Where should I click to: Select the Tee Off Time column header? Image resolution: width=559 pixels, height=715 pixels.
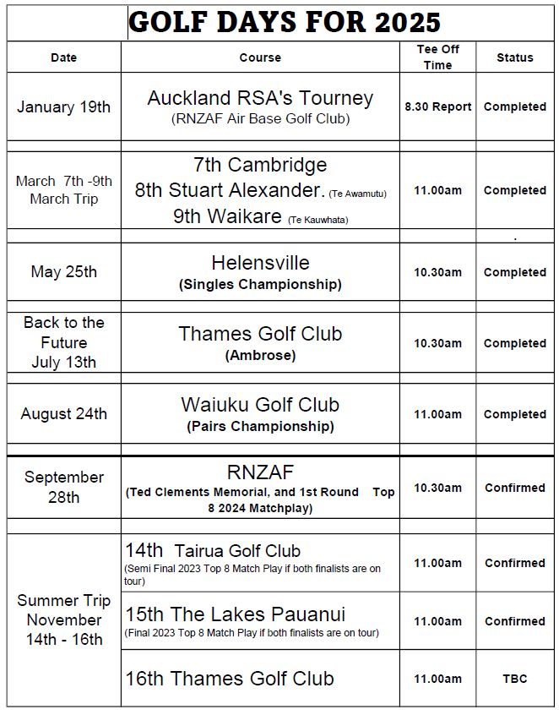coord(437,57)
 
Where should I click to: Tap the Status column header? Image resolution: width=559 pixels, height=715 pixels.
coord(514,57)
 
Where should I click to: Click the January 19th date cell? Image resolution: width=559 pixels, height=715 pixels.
coord(63,107)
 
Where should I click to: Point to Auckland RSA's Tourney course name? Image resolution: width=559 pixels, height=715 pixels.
coord(260,98)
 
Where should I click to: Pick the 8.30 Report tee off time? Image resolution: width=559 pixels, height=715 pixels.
coord(437,107)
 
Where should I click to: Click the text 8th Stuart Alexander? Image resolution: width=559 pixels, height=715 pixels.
coord(230,190)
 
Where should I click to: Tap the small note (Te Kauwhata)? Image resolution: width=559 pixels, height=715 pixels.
coord(317,220)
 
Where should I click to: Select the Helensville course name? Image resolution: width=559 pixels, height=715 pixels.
coord(260,263)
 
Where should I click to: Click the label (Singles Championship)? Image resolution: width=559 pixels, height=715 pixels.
coord(260,285)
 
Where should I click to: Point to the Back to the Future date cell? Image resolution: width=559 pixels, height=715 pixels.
coord(63,342)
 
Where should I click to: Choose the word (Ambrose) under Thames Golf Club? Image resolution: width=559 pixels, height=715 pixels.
coord(260,356)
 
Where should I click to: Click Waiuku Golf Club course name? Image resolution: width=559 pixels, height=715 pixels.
coord(260,405)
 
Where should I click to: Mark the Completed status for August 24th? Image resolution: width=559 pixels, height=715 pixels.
coord(514,414)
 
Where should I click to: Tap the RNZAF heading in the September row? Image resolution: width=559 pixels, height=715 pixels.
coord(260,472)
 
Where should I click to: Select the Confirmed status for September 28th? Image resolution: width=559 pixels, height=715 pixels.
coord(514,488)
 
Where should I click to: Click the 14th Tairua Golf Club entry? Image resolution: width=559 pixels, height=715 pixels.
coord(213,551)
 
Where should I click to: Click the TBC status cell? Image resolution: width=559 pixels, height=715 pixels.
coord(514,679)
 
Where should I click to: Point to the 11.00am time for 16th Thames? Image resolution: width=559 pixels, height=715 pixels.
coord(437,679)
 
